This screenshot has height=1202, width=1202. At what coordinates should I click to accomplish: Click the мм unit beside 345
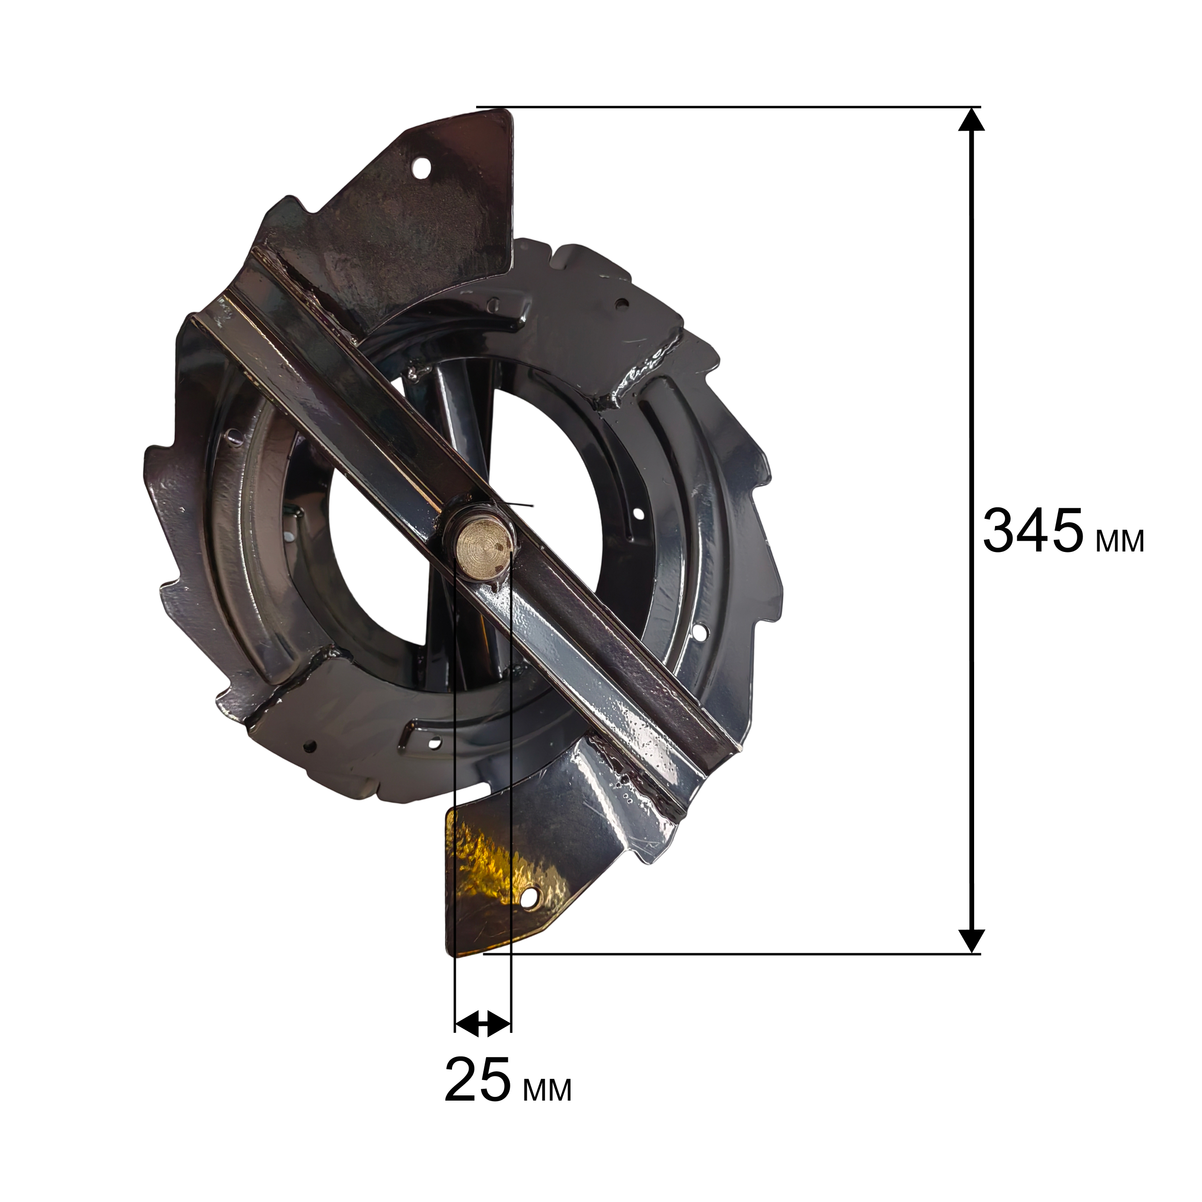[1120, 541]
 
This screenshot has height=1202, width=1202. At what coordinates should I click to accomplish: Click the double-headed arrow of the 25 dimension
[483, 1023]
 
